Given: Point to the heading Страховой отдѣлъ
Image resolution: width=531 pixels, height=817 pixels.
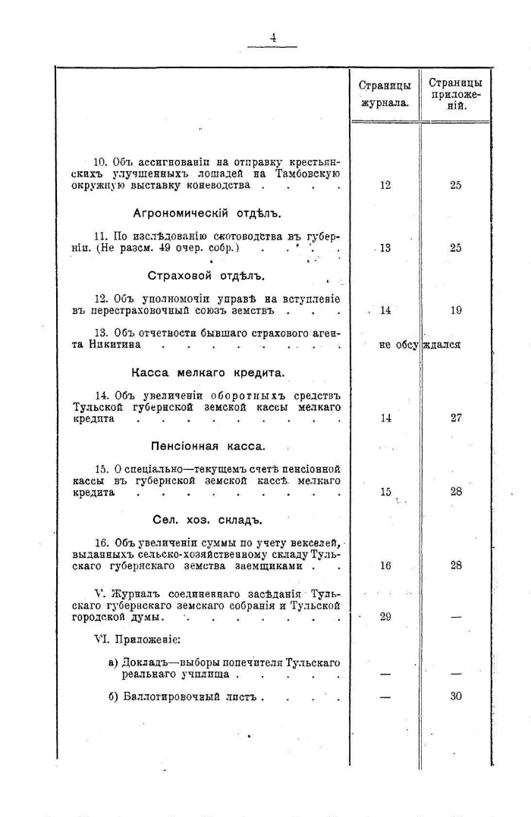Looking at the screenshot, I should tap(200, 275).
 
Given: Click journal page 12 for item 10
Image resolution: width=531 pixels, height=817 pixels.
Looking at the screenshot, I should tap(385, 185).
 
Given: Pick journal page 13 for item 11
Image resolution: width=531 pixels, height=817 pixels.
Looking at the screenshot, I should tap(385, 248).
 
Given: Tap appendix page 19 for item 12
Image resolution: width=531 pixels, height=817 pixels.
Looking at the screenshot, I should tap(455, 310).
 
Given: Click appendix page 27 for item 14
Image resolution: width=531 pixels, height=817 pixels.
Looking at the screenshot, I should tap(456, 418).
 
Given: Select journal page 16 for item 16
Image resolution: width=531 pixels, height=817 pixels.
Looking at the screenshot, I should tap(385, 565).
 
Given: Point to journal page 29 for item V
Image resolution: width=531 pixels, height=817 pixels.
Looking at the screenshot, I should tap(385, 617).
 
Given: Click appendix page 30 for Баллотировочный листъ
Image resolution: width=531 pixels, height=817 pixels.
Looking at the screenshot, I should tap(456, 696).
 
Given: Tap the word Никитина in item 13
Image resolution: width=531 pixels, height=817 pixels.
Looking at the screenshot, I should tap(117, 344).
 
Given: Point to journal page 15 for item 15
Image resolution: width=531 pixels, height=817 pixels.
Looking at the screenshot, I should tap(385, 492).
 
